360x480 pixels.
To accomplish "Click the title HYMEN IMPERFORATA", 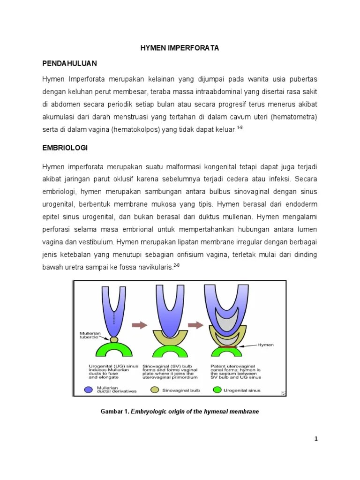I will [x=180, y=48].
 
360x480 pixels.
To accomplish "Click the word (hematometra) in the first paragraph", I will [x=297, y=116].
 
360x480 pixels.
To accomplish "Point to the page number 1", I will [x=316, y=439].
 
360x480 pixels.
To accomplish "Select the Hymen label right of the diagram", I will [x=265, y=345].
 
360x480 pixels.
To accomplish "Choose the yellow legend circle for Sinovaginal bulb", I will [x=154, y=389].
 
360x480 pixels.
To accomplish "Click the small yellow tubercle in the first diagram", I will [x=114, y=338].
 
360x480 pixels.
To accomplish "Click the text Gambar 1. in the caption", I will [x=115, y=412].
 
